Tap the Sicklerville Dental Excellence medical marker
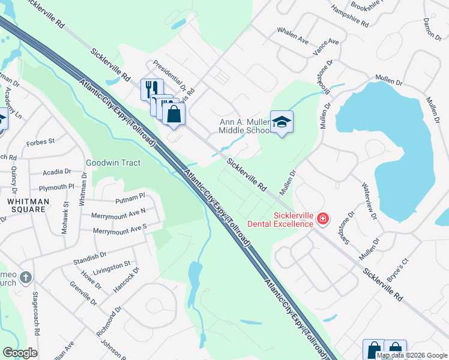[323, 219]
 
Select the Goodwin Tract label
[113, 163]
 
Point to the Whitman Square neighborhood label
[23, 205]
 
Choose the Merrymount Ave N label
[119, 212]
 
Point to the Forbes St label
[41, 142]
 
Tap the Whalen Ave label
[292, 35]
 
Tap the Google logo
[20, 353]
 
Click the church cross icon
[25, 278]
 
